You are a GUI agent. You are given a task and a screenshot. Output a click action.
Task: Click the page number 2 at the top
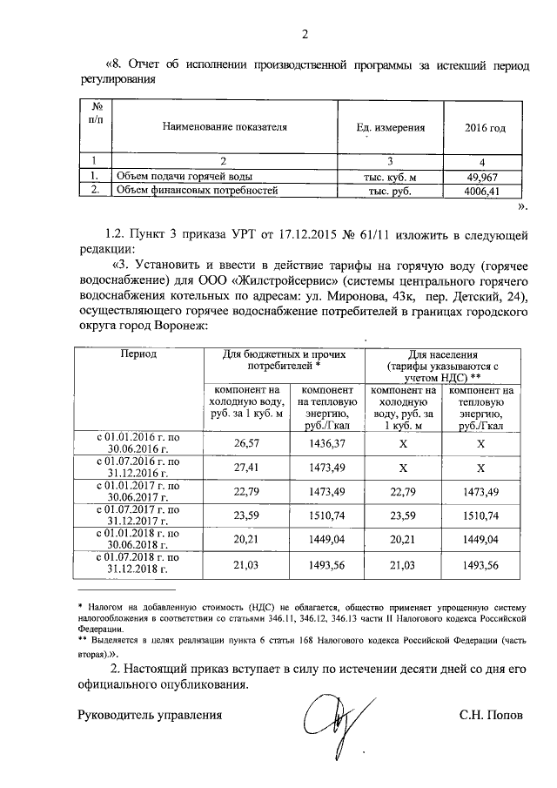click(x=305, y=35)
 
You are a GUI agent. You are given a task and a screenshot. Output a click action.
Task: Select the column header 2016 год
click(x=486, y=128)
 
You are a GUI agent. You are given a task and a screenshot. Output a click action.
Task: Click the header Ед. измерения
click(x=391, y=128)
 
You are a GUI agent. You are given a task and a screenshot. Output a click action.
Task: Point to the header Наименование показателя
click(x=225, y=128)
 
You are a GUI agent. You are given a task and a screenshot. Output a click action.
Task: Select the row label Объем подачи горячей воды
click(x=174, y=177)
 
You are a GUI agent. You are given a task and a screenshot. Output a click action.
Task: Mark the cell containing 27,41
click(x=248, y=468)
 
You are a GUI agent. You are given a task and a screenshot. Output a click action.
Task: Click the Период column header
click(x=138, y=355)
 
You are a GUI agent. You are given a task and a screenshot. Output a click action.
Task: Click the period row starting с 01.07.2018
click(x=138, y=564)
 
